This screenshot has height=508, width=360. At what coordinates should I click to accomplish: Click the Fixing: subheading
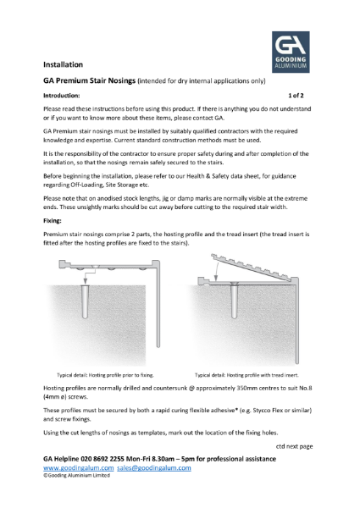pos(54,219)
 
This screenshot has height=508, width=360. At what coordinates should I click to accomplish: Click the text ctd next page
pos(294,445)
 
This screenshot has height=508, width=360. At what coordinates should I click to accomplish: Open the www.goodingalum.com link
pos(78,467)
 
